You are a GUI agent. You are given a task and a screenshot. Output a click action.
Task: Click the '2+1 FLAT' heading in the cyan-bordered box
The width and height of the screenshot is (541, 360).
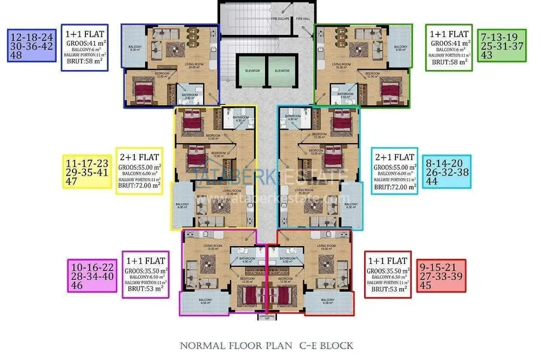click(395, 156)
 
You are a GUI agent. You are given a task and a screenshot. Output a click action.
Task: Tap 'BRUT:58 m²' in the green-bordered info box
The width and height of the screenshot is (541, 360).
click(449, 62)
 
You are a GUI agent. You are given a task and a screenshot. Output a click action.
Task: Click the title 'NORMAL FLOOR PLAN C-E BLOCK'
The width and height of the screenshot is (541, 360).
click(267, 346)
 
